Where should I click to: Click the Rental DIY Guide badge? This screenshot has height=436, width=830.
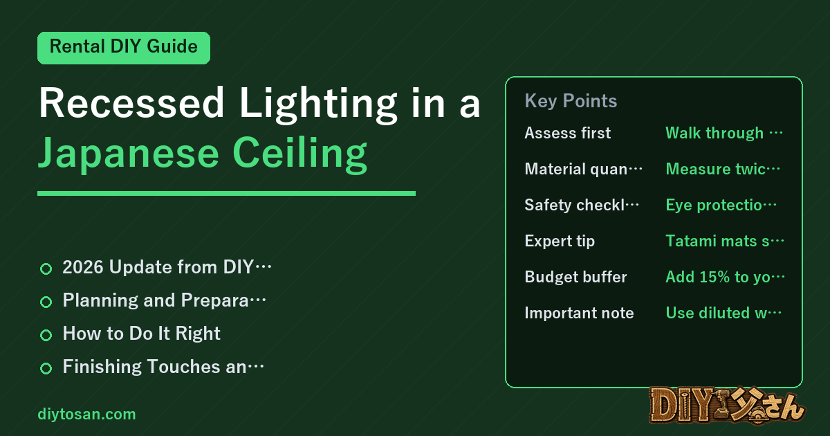coord(124,48)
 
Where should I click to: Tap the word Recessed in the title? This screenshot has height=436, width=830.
coord(131,102)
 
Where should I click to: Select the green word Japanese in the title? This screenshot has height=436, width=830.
coord(129,154)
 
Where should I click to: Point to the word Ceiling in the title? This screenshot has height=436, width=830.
coord(299,154)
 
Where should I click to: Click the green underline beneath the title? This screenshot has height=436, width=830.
coord(226,193)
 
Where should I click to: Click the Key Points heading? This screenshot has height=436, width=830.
coord(571,101)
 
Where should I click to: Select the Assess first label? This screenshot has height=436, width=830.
coord(567,133)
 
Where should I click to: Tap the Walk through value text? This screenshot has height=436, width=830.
coord(724,133)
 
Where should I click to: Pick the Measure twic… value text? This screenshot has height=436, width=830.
coord(723,169)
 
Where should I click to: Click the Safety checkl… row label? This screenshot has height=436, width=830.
coord(582,205)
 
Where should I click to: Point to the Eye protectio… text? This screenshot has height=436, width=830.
coord(721,205)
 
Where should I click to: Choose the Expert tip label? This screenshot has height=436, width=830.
coord(560,242)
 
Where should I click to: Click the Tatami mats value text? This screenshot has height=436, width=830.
coord(725,241)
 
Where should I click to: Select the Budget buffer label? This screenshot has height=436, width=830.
coord(575,277)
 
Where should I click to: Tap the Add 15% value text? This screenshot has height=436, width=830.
coord(725,278)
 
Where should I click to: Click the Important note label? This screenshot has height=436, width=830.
coord(579,313)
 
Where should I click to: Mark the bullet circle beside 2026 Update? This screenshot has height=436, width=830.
coord(46,269)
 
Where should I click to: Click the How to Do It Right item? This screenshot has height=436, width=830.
coord(141,334)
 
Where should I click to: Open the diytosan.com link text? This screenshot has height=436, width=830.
coord(86,414)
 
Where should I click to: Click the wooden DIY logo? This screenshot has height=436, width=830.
coord(727,406)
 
